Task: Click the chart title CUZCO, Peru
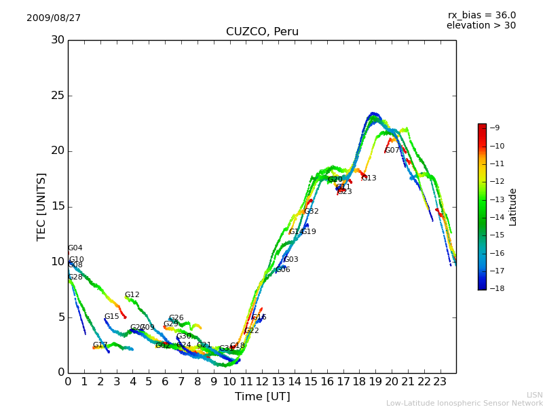click(262, 32)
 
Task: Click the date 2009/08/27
click(54, 18)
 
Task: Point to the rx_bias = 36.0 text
click(481, 15)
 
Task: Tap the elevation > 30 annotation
click(481, 26)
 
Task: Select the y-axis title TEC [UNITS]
click(41, 206)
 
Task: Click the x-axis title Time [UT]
click(262, 397)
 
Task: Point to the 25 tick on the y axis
click(58, 96)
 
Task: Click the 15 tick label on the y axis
click(58, 207)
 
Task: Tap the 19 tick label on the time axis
click(375, 381)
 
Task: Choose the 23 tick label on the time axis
click(440, 381)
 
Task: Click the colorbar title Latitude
click(513, 206)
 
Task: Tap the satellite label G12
click(132, 295)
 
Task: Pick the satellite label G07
click(392, 151)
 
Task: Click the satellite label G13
click(369, 178)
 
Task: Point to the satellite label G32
click(311, 212)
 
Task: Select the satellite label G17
click(100, 345)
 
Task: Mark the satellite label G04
click(75, 248)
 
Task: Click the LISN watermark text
click(534, 395)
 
